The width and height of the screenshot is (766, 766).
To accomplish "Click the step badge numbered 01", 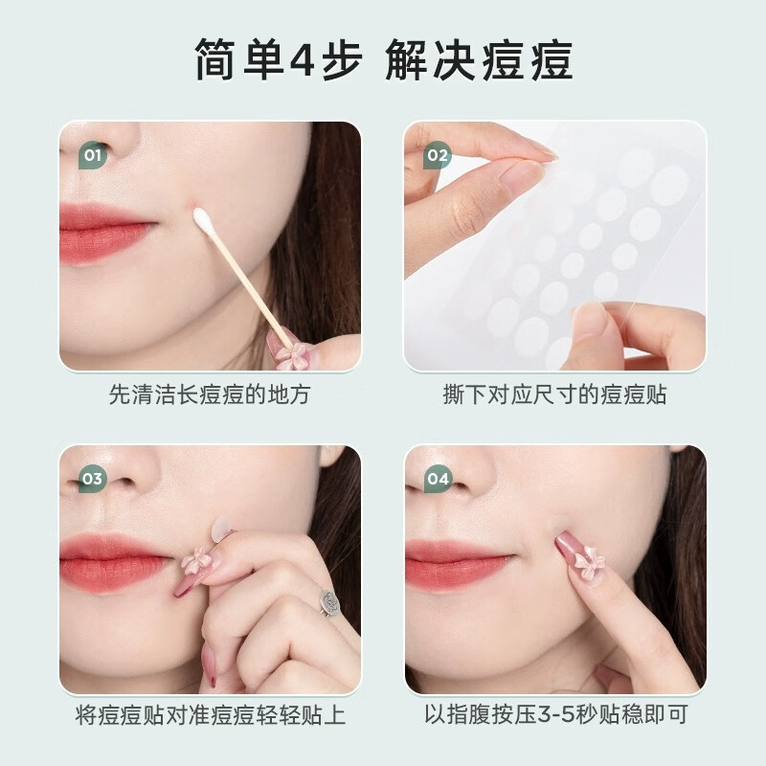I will pos(92,154).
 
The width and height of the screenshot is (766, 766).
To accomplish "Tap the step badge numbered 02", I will pos(437,154).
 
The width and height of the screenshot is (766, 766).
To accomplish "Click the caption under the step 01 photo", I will pos(210,394).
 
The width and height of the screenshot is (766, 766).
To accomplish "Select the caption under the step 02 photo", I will pos(554,394).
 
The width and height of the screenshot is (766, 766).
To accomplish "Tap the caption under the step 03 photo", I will pos(210,715).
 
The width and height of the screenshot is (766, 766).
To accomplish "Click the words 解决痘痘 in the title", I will pos(479,59).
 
